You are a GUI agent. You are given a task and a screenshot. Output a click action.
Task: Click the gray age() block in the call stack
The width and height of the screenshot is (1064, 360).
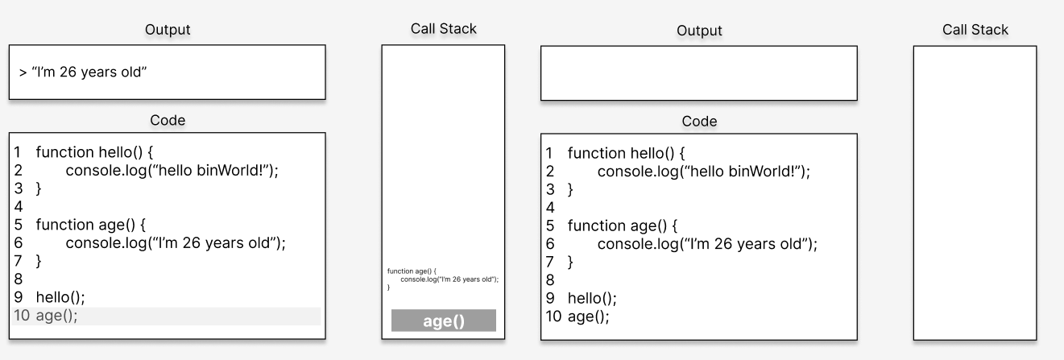click(443, 321)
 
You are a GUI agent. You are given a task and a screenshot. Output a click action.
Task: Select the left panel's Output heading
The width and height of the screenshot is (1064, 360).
click(168, 30)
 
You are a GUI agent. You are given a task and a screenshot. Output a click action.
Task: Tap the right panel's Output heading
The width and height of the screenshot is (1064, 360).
click(699, 31)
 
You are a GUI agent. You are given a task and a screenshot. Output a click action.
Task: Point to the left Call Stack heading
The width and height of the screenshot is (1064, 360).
click(443, 29)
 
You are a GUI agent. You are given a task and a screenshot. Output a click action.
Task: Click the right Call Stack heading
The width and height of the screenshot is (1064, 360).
click(975, 30)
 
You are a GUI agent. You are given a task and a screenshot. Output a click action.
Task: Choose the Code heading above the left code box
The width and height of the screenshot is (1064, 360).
click(168, 120)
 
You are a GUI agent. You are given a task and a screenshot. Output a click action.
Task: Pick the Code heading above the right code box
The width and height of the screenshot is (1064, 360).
click(699, 122)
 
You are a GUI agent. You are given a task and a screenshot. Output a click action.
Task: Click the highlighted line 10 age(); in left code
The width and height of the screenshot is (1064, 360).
click(56, 315)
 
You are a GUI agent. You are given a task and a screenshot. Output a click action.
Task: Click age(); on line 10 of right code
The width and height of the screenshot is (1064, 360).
click(589, 317)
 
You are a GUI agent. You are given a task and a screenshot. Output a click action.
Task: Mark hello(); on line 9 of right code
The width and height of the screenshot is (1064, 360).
click(592, 299)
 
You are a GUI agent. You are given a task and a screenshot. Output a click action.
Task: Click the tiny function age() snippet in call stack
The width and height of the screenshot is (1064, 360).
click(443, 279)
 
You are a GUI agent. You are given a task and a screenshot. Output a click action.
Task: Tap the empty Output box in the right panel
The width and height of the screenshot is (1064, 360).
click(699, 72)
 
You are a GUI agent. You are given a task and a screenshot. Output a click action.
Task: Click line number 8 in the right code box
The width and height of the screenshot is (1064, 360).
click(550, 280)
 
